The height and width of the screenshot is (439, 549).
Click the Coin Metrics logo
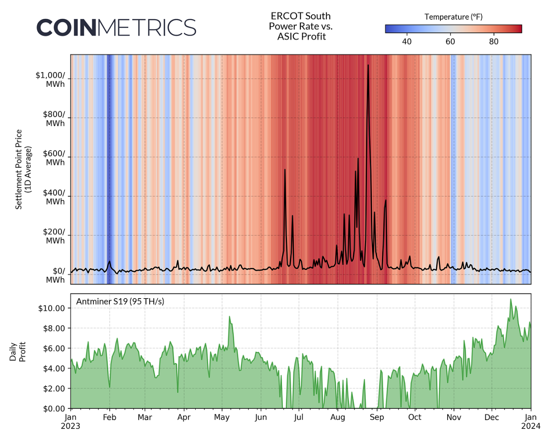[116, 28]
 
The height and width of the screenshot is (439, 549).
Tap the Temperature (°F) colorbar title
[453, 17]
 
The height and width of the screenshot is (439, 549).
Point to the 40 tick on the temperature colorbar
[407, 42]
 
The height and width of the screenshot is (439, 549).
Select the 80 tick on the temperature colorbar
[494, 42]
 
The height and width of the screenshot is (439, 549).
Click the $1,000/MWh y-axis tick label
[50, 79]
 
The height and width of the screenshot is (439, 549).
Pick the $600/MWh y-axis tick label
[54, 158]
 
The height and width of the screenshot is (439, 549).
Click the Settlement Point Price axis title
[23, 169]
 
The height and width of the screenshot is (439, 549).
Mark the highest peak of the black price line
[368, 65]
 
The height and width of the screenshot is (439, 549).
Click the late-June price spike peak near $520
[285, 169]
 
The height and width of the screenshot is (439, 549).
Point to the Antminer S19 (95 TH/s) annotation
[120, 301]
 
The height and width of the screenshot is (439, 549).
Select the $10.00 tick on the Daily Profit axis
[52, 308]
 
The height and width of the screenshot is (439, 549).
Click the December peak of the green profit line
[510, 299]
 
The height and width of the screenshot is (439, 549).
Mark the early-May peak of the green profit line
[229, 317]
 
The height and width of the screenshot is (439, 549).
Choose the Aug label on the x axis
[337, 417]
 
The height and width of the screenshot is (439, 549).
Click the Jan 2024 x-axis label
[531, 421]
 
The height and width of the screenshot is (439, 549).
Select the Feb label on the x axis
[109, 417]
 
